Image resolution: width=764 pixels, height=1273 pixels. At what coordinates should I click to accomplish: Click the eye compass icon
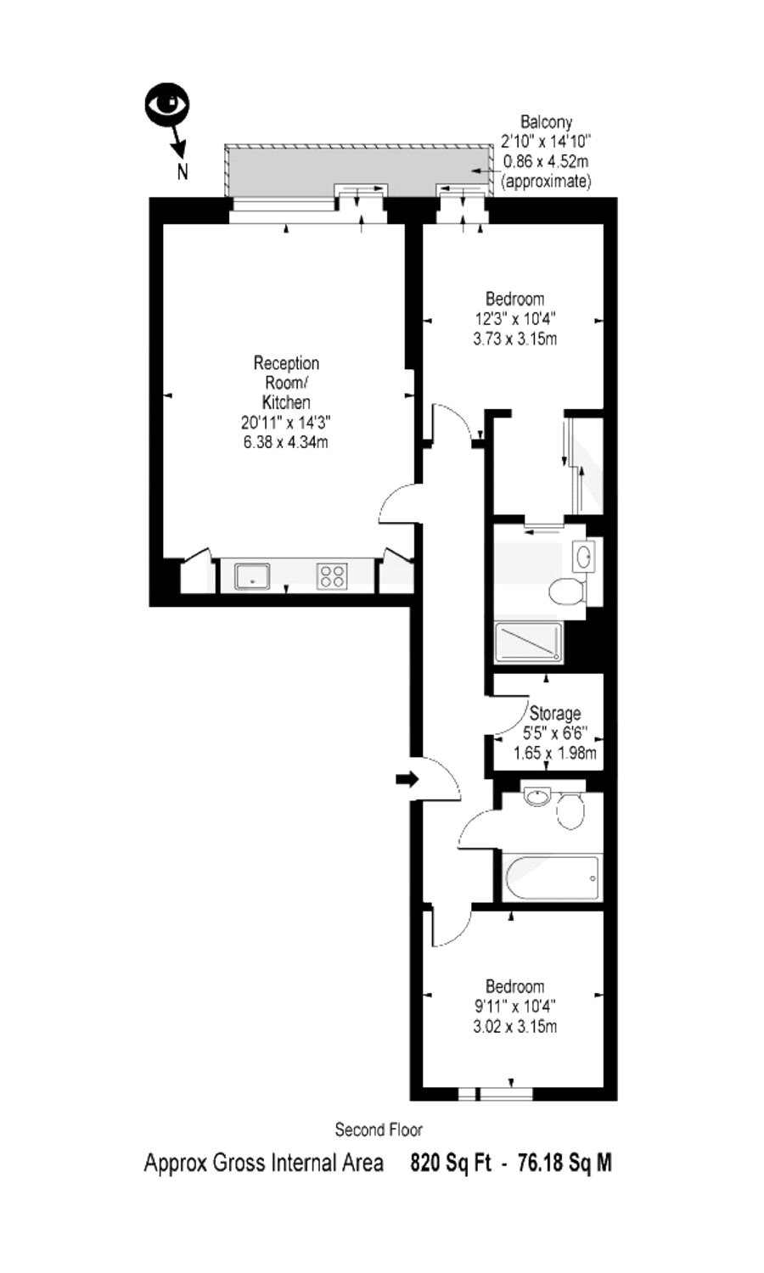pos(167,104)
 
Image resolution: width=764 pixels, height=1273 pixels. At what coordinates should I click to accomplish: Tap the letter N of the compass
pos(183,171)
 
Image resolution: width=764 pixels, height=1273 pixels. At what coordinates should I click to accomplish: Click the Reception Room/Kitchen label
pos(286,383)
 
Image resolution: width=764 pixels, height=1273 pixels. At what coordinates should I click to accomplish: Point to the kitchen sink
pos(253,575)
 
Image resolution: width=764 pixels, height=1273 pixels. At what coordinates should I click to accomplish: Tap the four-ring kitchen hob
pos(333,575)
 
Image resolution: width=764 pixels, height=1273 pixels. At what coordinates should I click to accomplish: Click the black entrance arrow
pos(407,779)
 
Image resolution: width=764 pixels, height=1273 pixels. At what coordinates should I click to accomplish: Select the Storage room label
pos(555,713)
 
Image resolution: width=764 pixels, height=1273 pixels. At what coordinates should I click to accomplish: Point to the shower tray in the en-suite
pos(529,642)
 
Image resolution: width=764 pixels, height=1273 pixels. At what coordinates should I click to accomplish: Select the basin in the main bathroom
pos(536,796)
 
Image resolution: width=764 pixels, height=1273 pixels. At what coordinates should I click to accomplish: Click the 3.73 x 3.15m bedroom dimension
pos(515,339)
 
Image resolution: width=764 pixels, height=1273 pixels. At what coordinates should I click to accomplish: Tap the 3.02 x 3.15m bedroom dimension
pos(515,1026)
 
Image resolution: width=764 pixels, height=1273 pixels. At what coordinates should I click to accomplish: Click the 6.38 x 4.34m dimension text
pos(286,441)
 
